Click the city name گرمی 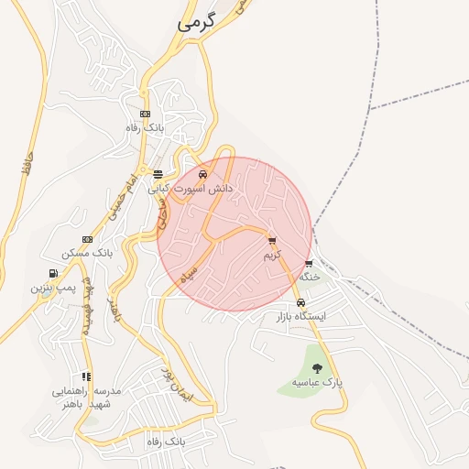point(199,24)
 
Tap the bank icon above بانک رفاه point(144,114)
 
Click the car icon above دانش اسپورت point(203,174)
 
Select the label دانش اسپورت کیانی point(199,188)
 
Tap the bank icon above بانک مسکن point(87,239)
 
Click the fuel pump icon point(53,273)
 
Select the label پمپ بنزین point(51,287)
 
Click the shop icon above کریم point(271,241)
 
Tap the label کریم point(273,255)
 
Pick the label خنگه point(310,277)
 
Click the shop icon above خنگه point(309,264)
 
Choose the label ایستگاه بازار point(301,317)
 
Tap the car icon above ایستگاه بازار point(301,303)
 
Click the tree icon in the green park point(317,367)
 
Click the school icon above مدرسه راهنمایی point(86,376)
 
